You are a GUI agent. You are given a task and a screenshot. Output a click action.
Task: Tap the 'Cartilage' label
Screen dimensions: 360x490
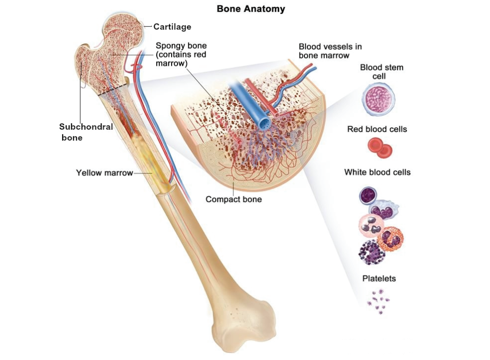click(x=172, y=27)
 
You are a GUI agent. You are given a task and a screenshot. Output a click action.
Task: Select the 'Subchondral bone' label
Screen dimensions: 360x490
click(x=86, y=132)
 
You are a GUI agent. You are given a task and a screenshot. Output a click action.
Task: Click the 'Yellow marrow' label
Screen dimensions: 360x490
click(x=104, y=173)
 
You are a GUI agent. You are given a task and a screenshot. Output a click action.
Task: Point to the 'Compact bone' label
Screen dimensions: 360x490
click(x=233, y=199)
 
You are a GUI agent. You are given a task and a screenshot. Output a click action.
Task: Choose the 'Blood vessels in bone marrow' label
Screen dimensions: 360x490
click(x=330, y=51)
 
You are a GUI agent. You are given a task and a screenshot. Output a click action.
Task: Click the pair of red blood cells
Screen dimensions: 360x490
click(x=380, y=148)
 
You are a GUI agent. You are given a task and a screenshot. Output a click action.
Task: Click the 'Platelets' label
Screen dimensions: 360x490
click(x=379, y=278)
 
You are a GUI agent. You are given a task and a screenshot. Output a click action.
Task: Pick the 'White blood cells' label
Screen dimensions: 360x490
click(x=377, y=173)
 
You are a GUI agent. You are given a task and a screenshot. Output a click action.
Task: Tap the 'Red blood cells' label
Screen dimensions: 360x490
click(x=377, y=129)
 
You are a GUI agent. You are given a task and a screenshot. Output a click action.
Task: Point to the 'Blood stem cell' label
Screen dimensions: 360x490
click(x=382, y=72)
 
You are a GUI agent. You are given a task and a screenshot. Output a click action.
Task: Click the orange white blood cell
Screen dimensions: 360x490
click(x=390, y=240)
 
